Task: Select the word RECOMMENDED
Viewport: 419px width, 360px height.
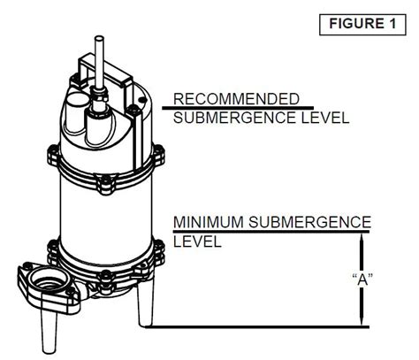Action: [236, 98]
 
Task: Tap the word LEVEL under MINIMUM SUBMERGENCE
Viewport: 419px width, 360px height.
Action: [197, 241]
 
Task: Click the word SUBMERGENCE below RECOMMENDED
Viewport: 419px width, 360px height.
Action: [227, 118]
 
